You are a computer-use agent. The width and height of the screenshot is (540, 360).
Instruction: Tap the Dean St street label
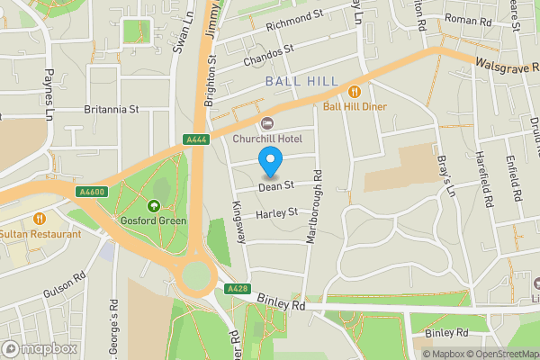(276, 186)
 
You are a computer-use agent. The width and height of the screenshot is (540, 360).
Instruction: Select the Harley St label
(276, 213)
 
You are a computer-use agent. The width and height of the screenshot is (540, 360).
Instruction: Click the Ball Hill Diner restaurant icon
(355, 90)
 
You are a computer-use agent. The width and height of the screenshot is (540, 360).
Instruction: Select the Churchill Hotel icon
(265, 123)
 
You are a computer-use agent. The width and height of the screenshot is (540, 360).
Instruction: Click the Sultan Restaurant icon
(39, 218)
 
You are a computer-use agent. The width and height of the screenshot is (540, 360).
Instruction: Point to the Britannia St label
(112, 109)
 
